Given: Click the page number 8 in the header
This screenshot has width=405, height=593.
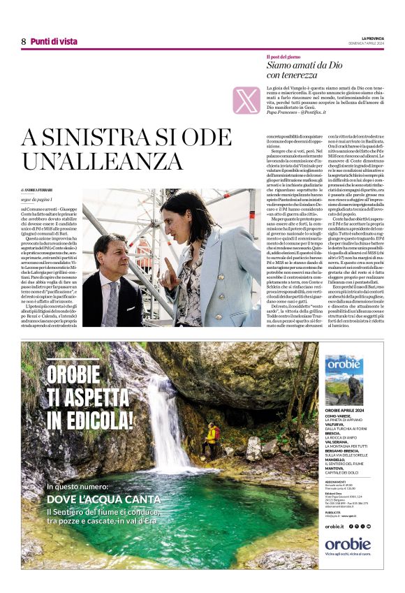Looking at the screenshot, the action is [x=23, y=41].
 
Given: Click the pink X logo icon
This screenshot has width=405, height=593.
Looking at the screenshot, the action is [x=246, y=101].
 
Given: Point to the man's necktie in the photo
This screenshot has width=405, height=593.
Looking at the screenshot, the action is [x=112, y=297].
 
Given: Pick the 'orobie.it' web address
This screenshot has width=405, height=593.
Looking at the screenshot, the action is [x=334, y=526].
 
